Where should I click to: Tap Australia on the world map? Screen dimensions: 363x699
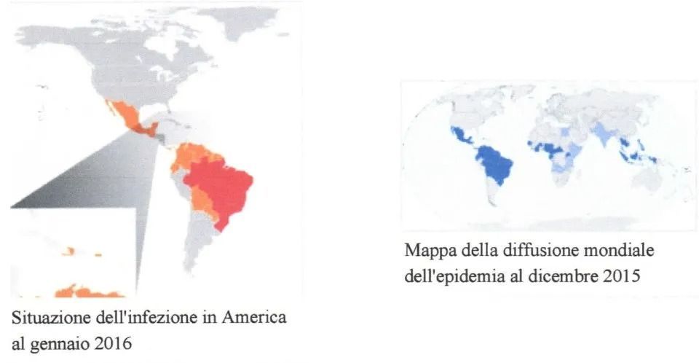pyautogui.click(x=659, y=179)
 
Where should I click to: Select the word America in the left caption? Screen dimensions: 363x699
pyautogui.click(x=258, y=319)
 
